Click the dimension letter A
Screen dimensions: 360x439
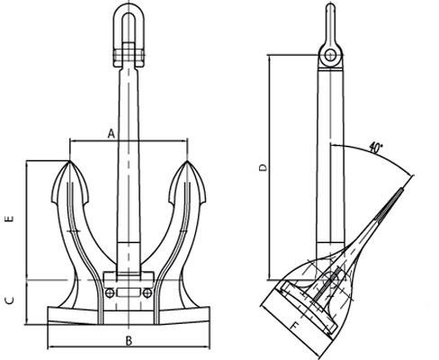coord(111,133)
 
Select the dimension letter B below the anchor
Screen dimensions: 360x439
coord(129,341)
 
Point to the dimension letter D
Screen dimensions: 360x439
coord(263,167)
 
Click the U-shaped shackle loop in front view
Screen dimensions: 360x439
coord(129,27)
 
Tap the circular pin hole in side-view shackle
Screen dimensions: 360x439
coord(331,56)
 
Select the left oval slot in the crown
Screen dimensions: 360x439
coord(111,292)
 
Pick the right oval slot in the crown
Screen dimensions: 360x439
coord(145,292)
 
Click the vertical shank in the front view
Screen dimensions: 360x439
coord(129,162)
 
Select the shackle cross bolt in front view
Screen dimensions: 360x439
coord(129,60)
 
